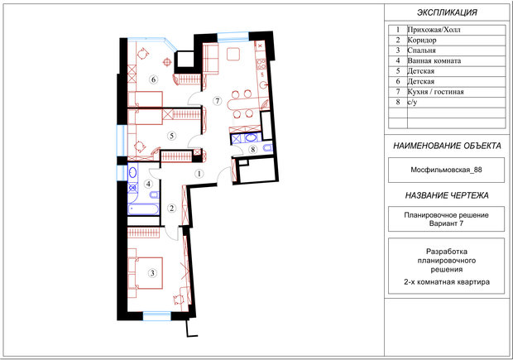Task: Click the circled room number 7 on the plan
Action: pos(218,101)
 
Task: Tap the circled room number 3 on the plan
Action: pos(151,272)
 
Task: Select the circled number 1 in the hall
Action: pos(199,174)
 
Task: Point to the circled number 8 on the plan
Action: pos(252,150)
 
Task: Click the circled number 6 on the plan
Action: pos(153,79)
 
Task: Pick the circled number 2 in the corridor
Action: pos(172,209)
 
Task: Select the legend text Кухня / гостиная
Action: pos(435,92)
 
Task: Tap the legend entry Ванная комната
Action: pos(434,61)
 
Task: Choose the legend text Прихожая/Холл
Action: pos(434,30)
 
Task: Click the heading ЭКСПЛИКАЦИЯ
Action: pos(447,12)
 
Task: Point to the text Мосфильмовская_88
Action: pos(446,170)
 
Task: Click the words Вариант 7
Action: pos(446,223)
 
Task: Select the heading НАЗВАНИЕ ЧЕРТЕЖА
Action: pos(447,195)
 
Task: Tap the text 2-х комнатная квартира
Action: pos(447,281)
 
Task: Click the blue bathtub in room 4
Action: pos(144,209)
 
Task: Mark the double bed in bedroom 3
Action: pos(146,273)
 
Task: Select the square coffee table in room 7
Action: pos(233,54)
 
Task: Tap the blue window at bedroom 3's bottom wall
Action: pos(157,315)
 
